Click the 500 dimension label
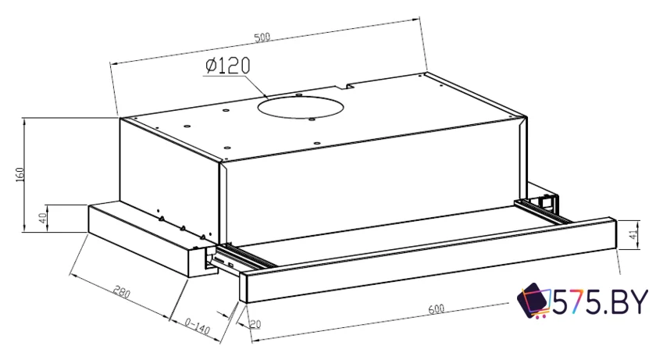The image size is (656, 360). pos(262,37)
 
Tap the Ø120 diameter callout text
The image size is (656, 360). pos(227,66)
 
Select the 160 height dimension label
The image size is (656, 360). pos(20,174)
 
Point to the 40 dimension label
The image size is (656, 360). pos(42,218)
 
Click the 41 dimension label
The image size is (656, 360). pos(634,233)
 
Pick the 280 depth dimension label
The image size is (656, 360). pos(122,292)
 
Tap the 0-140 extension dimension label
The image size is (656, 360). pos(197,326)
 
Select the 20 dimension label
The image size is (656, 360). pos(255,324)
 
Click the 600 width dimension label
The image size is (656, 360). pos(436,308)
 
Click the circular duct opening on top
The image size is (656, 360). pos(301,108)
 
